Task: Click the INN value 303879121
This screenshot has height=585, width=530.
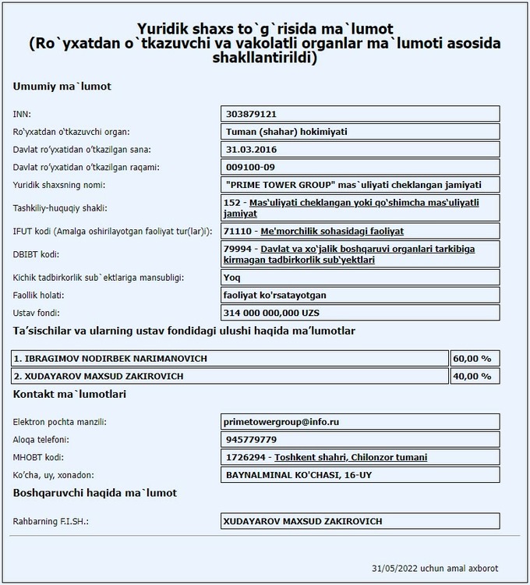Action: (x=252, y=114)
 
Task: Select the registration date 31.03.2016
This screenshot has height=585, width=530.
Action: (x=250, y=149)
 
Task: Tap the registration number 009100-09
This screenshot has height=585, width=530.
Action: (x=251, y=167)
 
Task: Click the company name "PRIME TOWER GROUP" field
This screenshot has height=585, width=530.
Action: (x=352, y=185)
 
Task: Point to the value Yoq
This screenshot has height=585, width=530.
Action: (x=231, y=278)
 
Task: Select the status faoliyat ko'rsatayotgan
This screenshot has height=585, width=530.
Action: (x=274, y=296)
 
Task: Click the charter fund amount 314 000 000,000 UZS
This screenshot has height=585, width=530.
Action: (x=272, y=313)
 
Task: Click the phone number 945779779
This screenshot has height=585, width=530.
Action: (x=249, y=440)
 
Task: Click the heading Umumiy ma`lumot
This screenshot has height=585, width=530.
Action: (x=62, y=86)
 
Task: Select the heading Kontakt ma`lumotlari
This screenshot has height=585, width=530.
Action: (x=69, y=395)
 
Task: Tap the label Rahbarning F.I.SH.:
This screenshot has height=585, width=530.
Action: (x=51, y=521)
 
